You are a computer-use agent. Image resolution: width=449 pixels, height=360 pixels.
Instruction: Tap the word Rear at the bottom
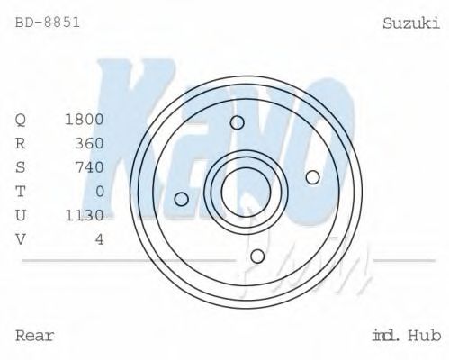(35, 336)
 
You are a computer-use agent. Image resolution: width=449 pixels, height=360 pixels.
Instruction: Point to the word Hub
(423, 336)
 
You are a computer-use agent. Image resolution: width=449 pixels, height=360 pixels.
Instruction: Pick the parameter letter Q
(21, 120)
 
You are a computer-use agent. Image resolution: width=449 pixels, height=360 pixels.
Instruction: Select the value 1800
(85, 120)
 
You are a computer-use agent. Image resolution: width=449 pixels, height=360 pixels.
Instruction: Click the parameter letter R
(21, 143)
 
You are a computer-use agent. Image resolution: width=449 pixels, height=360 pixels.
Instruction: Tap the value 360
(90, 143)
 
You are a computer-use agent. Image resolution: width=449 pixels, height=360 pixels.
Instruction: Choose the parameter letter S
(21, 166)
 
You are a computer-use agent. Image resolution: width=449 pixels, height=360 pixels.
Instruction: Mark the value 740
(90, 166)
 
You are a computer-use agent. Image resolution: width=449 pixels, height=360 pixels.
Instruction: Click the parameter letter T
(21, 191)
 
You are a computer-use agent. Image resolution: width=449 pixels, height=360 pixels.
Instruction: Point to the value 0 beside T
(100, 191)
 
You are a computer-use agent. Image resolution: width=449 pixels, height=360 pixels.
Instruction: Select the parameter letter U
(21, 214)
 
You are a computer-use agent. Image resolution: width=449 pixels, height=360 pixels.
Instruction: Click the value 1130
(85, 214)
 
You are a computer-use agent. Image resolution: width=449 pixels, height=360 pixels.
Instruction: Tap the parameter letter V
(21, 238)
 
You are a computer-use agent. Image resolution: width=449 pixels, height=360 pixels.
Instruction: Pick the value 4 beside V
(100, 238)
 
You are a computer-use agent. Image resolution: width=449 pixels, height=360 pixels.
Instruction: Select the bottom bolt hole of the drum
(257, 256)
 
